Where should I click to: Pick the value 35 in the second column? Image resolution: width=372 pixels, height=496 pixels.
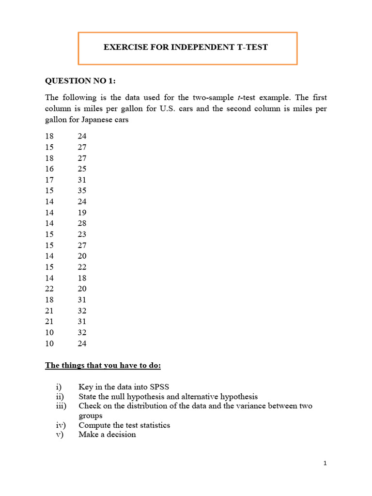tap(82, 190)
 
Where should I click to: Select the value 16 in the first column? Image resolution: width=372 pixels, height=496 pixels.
tap(49, 169)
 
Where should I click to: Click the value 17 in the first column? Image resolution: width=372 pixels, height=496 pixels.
tap(49, 180)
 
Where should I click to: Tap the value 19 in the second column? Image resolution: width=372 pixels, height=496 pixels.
tap(82, 212)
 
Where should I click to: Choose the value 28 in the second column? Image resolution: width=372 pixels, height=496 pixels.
tap(82, 223)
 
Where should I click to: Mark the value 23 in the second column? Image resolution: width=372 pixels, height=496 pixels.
tap(82, 234)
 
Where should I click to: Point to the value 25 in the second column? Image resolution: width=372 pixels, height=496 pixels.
tap(82, 169)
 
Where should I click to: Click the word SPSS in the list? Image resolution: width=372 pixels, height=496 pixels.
tap(159, 387)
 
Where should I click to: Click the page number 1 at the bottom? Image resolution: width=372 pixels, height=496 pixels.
tap(325, 464)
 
